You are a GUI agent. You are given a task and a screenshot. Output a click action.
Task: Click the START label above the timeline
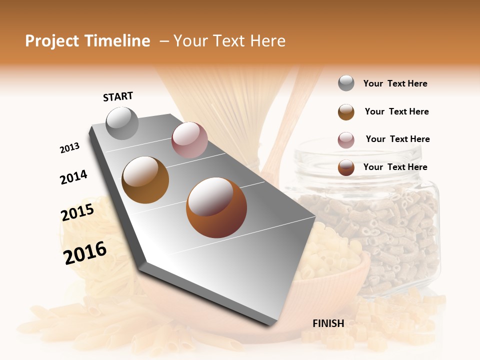(x=118, y=96)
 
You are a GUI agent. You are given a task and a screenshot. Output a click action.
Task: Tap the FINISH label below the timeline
(x=328, y=323)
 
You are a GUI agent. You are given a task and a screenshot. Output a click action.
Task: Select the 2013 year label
(x=70, y=148)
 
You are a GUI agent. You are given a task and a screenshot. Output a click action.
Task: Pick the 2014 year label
(x=74, y=177)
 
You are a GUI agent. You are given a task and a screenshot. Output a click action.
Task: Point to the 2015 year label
(x=77, y=212)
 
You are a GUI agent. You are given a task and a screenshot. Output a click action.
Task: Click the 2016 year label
(x=85, y=252)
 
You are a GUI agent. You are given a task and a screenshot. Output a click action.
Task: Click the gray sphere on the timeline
(x=122, y=123)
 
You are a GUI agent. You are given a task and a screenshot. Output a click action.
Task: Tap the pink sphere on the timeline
(x=189, y=140)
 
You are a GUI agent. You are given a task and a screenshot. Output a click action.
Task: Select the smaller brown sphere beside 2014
(x=145, y=179)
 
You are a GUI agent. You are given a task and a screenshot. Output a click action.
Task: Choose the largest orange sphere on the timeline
(x=216, y=207)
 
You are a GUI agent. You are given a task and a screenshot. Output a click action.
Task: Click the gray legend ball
(x=346, y=83)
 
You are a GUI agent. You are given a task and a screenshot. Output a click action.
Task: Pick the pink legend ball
(x=346, y=140)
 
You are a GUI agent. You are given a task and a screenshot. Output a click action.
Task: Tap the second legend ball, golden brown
(x=346, y=112)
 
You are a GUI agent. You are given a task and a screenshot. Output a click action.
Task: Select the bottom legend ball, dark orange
(x=346, y=167)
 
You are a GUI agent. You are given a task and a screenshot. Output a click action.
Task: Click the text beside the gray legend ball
(x=395, y=83)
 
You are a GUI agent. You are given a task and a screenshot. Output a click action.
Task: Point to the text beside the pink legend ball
(x=397, y=139)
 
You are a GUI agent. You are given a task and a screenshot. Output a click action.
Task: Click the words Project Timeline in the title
(x=87, y=41)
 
